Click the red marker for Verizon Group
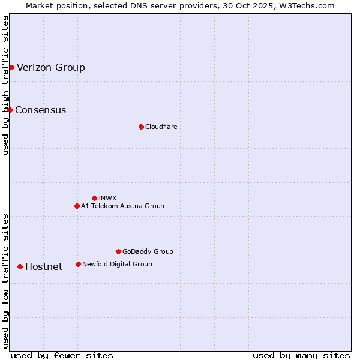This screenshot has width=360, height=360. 11,67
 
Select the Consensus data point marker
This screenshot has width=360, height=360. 10,110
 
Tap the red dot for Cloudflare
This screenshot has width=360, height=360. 141,127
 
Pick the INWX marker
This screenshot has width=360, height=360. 94,198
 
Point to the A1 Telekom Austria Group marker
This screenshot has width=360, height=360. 77,206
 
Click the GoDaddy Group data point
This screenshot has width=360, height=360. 118,251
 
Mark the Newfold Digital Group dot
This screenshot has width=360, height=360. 78,264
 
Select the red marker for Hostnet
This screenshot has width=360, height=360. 20,266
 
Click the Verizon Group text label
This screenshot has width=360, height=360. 51,67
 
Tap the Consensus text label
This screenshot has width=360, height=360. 41,110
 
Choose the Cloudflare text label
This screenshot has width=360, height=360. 161,127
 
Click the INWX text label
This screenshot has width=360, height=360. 107,198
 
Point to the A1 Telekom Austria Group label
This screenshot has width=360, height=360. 122,206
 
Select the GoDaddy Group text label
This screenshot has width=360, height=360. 148,251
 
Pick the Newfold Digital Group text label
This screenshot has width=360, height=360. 117,264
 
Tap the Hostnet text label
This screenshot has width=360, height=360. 44,266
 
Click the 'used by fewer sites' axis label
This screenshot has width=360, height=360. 62,355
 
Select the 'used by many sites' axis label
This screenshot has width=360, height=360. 301,355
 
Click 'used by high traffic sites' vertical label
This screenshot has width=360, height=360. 5,85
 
